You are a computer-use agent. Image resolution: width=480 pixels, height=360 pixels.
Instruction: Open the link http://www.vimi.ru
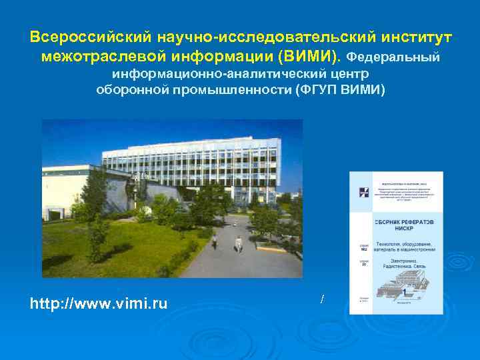(99, 304)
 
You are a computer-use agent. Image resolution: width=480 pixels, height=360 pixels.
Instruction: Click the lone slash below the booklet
(322, 300)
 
